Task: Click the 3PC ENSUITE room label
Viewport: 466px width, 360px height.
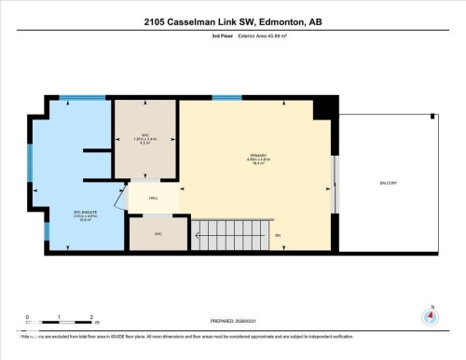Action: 60,216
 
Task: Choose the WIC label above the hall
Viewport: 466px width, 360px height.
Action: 145,137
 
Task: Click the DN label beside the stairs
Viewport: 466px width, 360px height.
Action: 278,235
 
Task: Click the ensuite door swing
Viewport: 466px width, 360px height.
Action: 118,198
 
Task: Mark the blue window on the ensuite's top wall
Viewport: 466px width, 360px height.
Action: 75,97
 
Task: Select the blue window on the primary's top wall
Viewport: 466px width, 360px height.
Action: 226,97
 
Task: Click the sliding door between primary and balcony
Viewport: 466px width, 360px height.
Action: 336,182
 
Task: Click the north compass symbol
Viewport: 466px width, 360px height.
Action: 430,315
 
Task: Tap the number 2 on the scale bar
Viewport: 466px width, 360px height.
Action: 89,317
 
